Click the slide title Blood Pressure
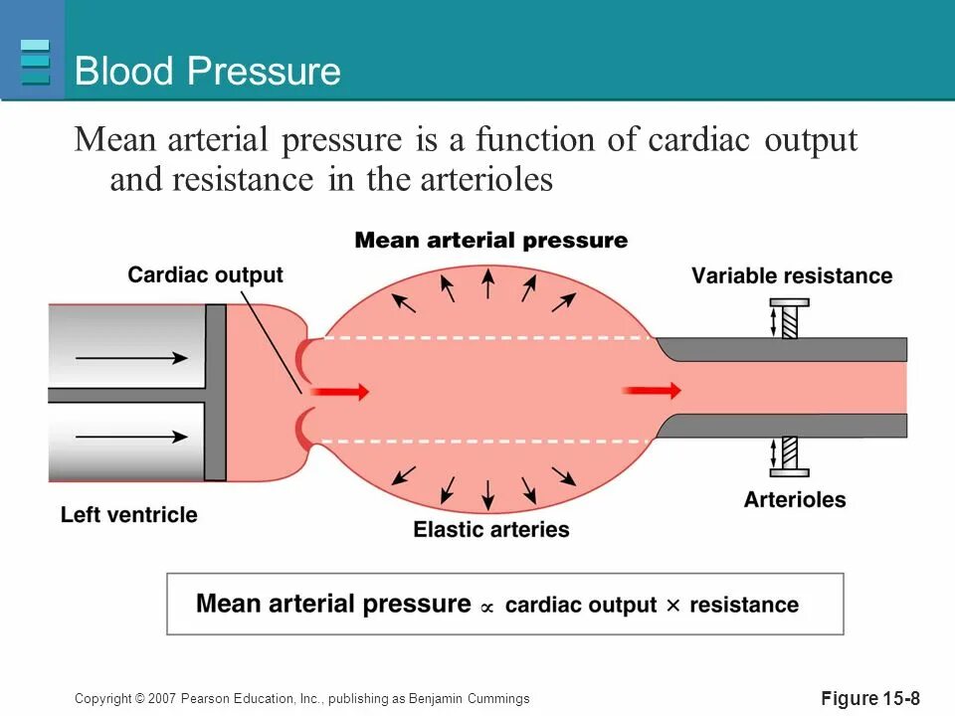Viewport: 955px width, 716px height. click(208, 72)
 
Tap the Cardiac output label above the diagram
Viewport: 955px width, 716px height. click(205, 275)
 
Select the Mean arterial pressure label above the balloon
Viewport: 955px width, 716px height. click(491, 241)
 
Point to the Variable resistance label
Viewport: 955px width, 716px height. click(792, 276)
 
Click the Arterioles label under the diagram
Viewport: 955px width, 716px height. click(794, 499)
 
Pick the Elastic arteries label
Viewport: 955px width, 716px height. click(491, 529)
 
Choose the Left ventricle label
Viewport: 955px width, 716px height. click(129, 515)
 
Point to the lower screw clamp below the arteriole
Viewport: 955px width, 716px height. click(789, 456)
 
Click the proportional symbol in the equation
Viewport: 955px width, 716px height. click(486, 607)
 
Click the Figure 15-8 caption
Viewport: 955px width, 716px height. click(870, 699)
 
